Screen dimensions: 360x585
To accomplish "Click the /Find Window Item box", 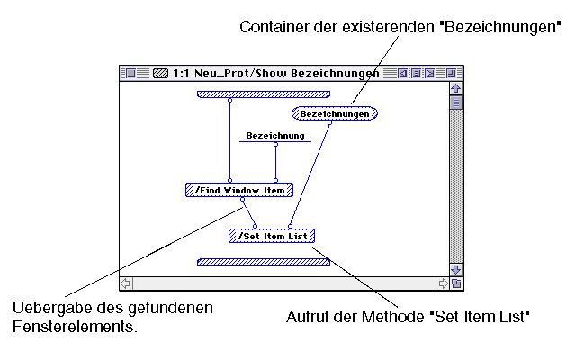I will (239, 190).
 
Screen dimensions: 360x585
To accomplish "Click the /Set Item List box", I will (272, 236).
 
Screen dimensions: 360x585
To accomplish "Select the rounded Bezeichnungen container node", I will (335, 114).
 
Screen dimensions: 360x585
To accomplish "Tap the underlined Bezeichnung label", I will (274, 136).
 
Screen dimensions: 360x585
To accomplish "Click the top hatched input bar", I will (264, 93).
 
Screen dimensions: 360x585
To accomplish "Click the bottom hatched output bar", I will (264, 262).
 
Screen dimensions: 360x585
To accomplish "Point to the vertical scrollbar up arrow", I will (455, 88).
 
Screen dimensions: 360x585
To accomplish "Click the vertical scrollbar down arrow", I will (455, 269).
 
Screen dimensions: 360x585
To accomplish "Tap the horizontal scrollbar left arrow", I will (126, 283).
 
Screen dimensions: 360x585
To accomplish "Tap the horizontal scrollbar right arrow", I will (443, 283).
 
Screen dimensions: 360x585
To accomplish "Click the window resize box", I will (455, 283).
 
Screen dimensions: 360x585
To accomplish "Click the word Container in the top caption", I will (272, 28).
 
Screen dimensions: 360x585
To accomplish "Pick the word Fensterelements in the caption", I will (75, 327).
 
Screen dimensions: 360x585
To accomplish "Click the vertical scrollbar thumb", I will (455, 103).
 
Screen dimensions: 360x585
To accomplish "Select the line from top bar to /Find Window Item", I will (229, 144).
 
